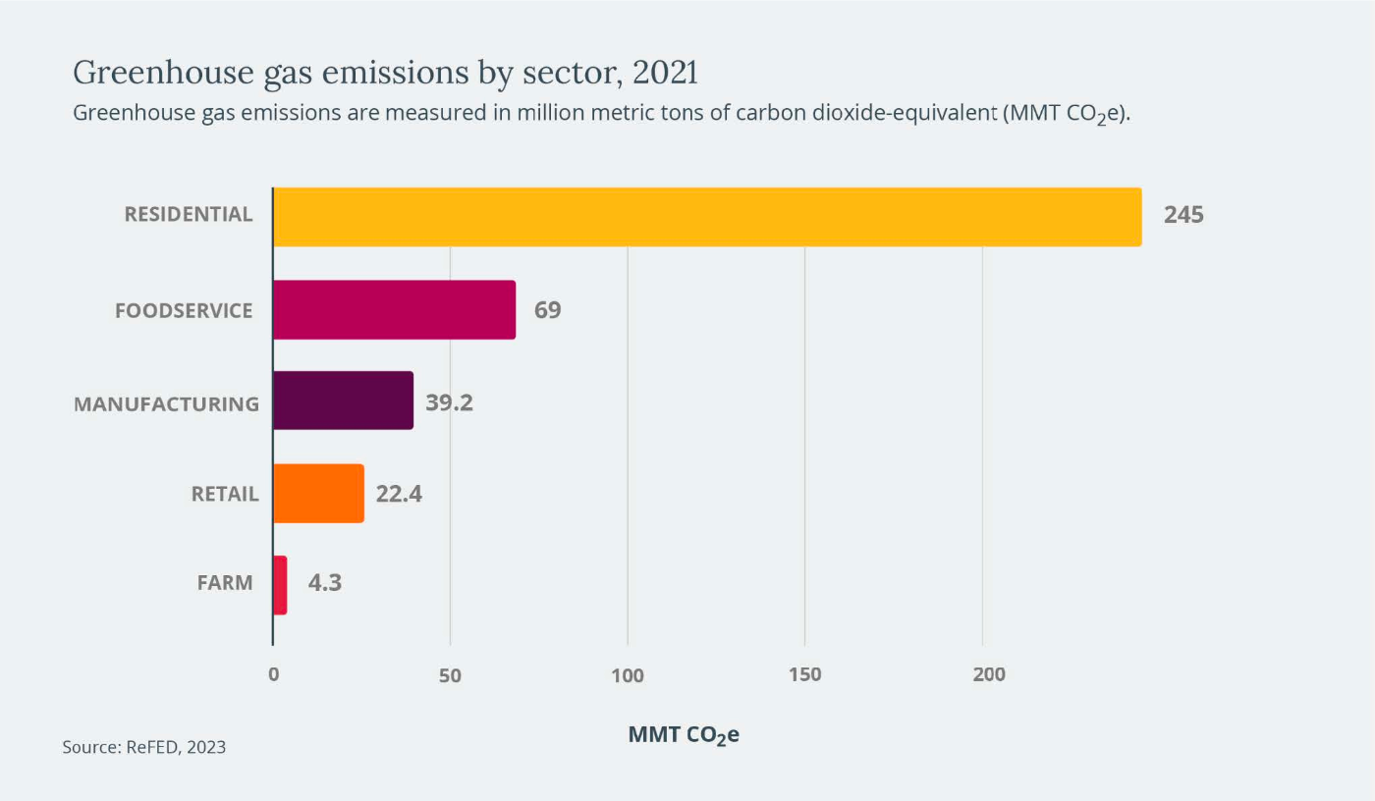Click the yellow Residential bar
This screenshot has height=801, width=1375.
[x=707, y=217]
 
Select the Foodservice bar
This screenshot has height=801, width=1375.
[x=394, y=310]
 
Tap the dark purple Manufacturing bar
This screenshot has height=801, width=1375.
[x=343, y=400]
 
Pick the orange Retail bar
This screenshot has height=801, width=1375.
[x=318, y=493]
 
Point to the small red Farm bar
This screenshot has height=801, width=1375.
[x=280, y=585]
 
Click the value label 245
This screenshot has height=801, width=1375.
[x=1183, y=216]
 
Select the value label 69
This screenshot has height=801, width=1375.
[x=547, y=310]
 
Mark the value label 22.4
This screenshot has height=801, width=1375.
[x=399, y=494]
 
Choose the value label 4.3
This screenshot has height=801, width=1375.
[x=325, y=582]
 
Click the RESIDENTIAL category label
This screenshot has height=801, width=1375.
[x=188, y=214]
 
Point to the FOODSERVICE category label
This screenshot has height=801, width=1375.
[x=184, y=310]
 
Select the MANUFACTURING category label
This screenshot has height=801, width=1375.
[x=167, y=403]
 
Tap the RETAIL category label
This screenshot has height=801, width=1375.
[x=225, y=494]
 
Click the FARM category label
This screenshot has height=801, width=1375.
[x=225, y=583]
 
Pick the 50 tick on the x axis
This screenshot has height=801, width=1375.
[x=450, y=675]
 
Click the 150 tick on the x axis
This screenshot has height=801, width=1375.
[x=804, y=675]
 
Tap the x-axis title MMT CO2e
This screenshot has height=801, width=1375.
[x=684, y=735]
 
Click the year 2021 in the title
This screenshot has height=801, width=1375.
[x=667, y=73]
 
